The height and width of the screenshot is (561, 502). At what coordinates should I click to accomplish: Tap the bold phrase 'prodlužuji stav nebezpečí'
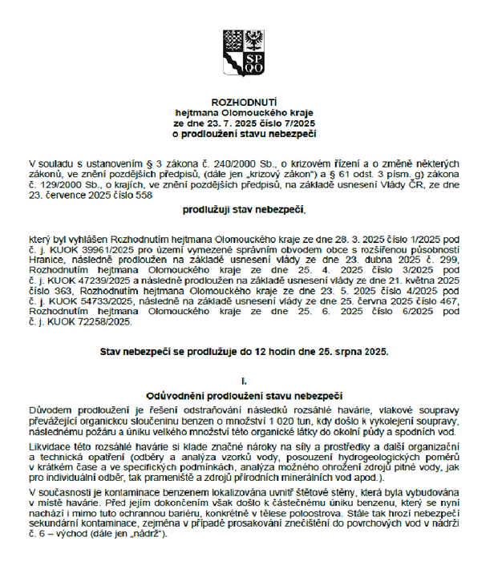pyautogui.click(x=244, y=211)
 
